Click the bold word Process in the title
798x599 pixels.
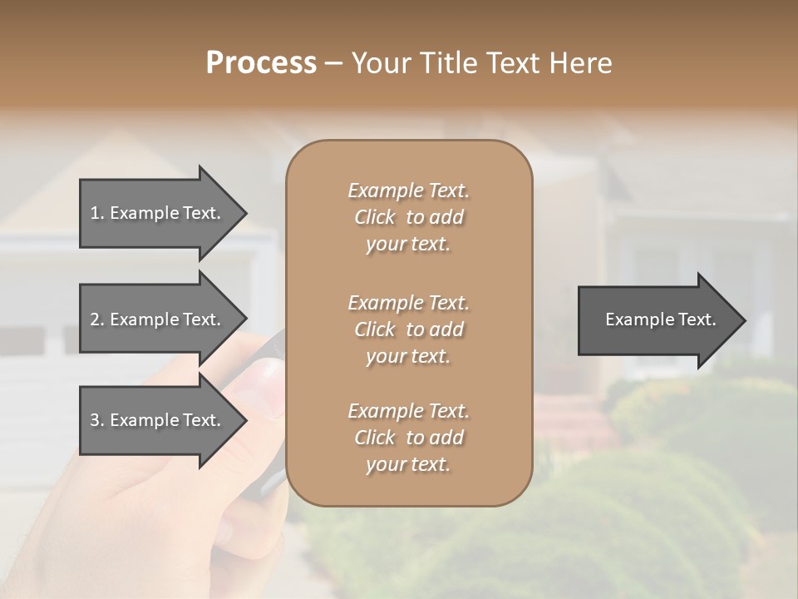(x=261, y=63)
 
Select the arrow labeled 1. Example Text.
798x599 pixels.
(x=158, y=213)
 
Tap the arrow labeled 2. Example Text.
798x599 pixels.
(x=158, y=319)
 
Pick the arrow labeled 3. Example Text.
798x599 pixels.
(x=158, y=420)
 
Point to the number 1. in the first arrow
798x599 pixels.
(x=96, y=213)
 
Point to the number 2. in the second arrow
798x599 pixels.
(x=96, y=319)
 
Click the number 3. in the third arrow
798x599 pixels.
(x=96, y=420)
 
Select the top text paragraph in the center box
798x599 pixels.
(x=408, y=217)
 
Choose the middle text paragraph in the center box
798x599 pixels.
(x=408, y=329)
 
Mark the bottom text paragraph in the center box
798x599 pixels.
(x=408, y=438)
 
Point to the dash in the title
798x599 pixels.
(x=333, y=63)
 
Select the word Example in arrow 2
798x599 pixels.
(x=144, y=319)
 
